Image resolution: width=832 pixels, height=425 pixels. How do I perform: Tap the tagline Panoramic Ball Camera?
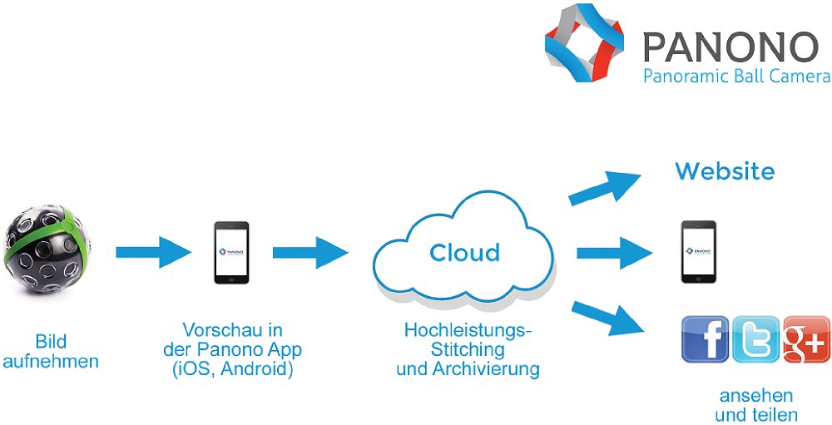[x=736, y=77]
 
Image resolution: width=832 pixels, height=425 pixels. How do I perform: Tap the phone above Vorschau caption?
[x=231, y=252]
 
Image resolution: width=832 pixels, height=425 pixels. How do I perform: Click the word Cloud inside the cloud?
[x=464, y=252]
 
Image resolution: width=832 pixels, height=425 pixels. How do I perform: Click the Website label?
[x=725, y=172]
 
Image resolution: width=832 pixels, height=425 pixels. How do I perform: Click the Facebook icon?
[x=705, y=339]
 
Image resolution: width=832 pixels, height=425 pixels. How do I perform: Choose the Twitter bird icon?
[x=755, y=339]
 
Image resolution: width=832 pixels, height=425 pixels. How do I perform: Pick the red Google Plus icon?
[x=805, y=339]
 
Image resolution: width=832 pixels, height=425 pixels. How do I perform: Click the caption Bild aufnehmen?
[x=51, y=351]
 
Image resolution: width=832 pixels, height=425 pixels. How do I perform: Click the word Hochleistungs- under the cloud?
[x=468, y=330]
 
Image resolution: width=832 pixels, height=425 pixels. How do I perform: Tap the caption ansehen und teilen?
[x=755, y=405]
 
